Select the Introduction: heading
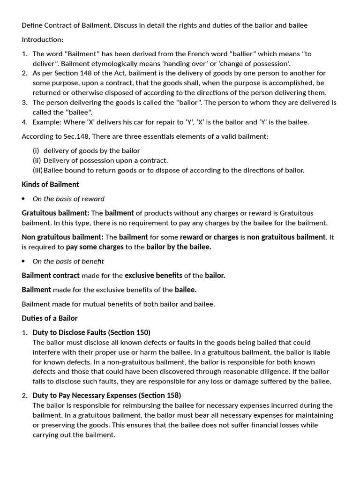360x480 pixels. (x=42, y=40)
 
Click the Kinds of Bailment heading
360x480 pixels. (x=50, y=184)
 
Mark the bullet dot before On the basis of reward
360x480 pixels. (x=23, y=199)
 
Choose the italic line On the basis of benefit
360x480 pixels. (x=68, y=261)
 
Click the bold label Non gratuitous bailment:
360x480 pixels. (x=62, y=237)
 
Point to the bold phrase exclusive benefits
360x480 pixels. (x=153, y=276)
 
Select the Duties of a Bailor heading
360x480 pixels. (x=49, y=318)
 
